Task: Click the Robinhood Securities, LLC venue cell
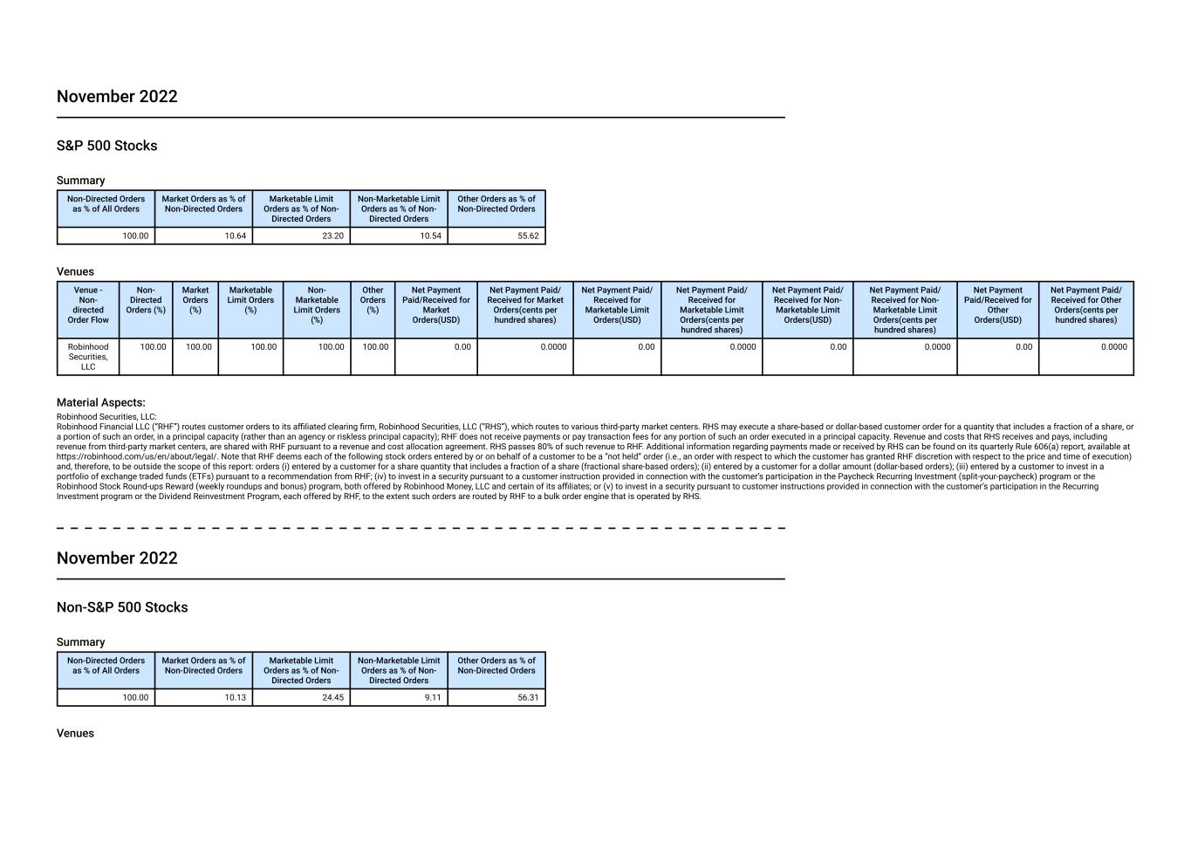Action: click(x=88, y=357)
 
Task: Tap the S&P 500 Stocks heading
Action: click(x=106, y=146)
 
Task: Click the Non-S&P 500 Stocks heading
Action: click(x=122, y=607)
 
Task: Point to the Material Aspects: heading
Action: click(x=100, y=402)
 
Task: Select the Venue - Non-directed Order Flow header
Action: click(x=88, y=305)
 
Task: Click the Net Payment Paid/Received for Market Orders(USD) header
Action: click(x=436, y=305)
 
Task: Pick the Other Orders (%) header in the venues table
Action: click(x=373, y=300)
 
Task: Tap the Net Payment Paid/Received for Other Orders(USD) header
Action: click(x=997, y=305)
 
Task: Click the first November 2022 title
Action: click(x=117, y=97)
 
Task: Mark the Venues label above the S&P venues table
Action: click(x=75, y=271)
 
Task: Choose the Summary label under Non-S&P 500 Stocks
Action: click(x=80, y=642)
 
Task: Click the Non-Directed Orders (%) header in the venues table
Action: click(x=146, y=300)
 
